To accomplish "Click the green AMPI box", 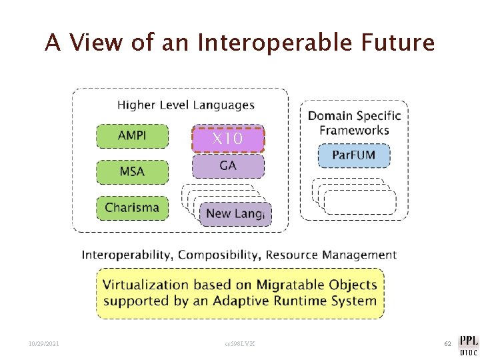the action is (132, 136).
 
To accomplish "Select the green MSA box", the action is (132, 172).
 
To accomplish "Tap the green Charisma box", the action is (132, 207).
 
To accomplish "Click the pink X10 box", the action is (228, 139).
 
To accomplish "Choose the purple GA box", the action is (228, 166).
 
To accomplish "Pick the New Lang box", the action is (235, 214).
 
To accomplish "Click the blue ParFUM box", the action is (353, 156).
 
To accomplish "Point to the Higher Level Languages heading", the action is (186, 105).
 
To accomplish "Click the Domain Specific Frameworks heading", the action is (354, 123).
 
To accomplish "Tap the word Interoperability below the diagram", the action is (127, 255).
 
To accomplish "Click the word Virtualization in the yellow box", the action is (145, 285).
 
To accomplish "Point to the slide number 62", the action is (448, 343).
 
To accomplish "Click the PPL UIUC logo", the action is (467, 343).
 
